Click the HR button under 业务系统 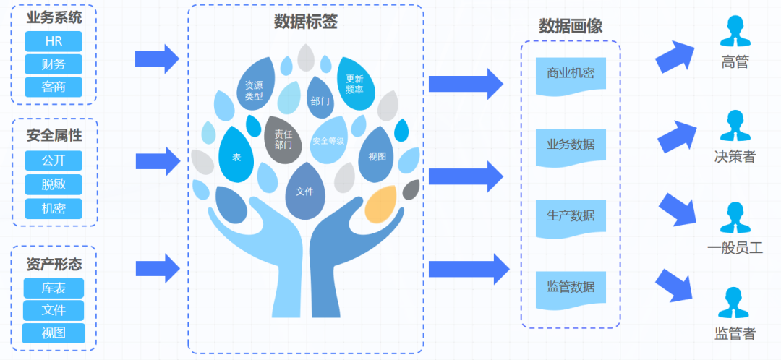tap(54, 41)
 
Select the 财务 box tap(54, 64)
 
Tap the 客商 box tap(54, 87)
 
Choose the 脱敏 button tap(54, 184)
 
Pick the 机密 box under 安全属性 tap(54, 209)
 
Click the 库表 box tap(54, 288)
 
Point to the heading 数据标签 tap(305, 22)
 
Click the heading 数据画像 tap(571, 26)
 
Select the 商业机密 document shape tap(571, 74)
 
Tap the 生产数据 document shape tap(571, 217)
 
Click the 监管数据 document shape tap(571, 288)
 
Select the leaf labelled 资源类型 tap(255, 90)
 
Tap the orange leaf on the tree tap(380, 204)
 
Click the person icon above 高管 tap(734, 33)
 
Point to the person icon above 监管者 tap(734, 304)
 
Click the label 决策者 tap(734, 156)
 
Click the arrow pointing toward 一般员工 tap(678, 207)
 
